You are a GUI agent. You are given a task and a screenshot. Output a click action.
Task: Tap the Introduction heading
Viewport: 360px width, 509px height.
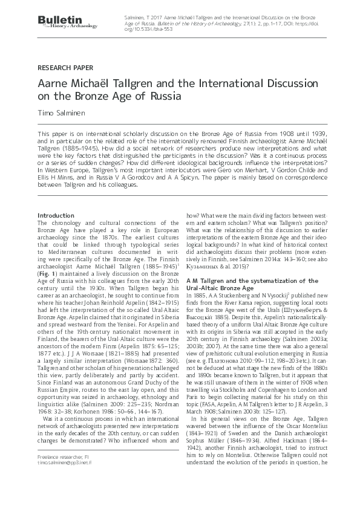pos(56,216)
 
